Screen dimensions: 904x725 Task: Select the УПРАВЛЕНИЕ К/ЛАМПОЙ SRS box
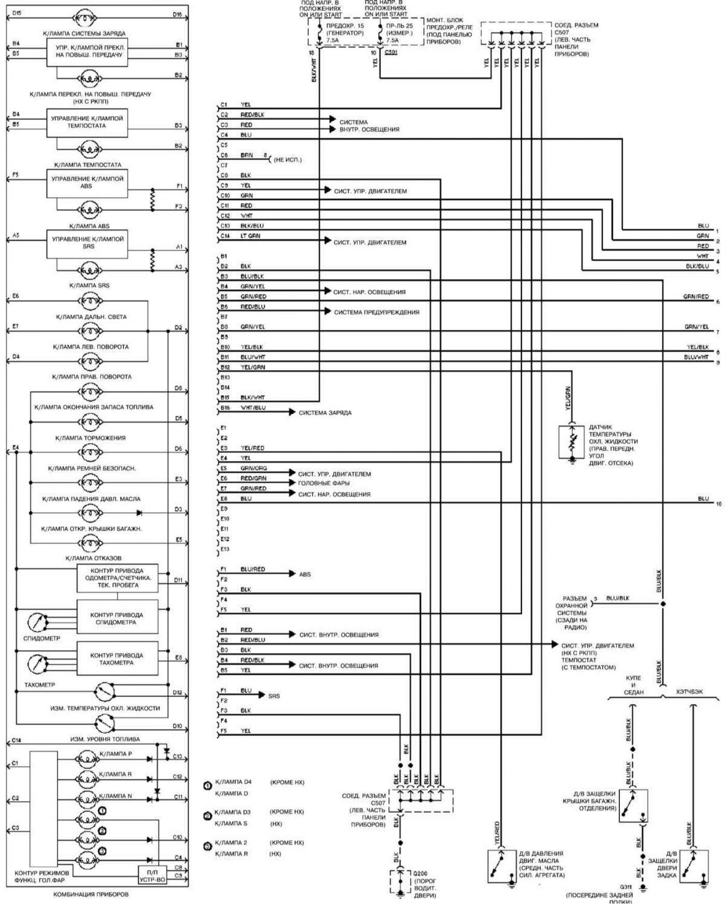pyautogui.click(x=87, y=244)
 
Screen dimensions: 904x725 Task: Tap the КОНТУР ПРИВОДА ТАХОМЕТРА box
pyautogui.click(x=118, y=659)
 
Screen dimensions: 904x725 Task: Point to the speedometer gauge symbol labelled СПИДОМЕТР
pyautogui.click(x=37, y=621)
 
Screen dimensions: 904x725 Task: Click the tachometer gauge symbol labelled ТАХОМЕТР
pyautogui.click(x=37, y=664)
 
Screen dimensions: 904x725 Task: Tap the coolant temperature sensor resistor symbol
pyautogui.click(x=572, y=442)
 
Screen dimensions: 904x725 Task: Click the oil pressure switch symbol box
pyautogui.click(x=501, y=866)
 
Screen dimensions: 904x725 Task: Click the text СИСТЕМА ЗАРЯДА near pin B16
pyautogui.click(x=325, y=413)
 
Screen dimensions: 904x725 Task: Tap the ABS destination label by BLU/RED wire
pyautogui.click(x=305, y=575)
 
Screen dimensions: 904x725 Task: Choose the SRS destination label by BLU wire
pyautogui.click(x=274, y=696)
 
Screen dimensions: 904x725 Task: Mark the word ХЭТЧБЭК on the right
pyautogui.click(x=689, y=692)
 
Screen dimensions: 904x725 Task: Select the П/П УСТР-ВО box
pyautogui.click(x=152, y=876)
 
